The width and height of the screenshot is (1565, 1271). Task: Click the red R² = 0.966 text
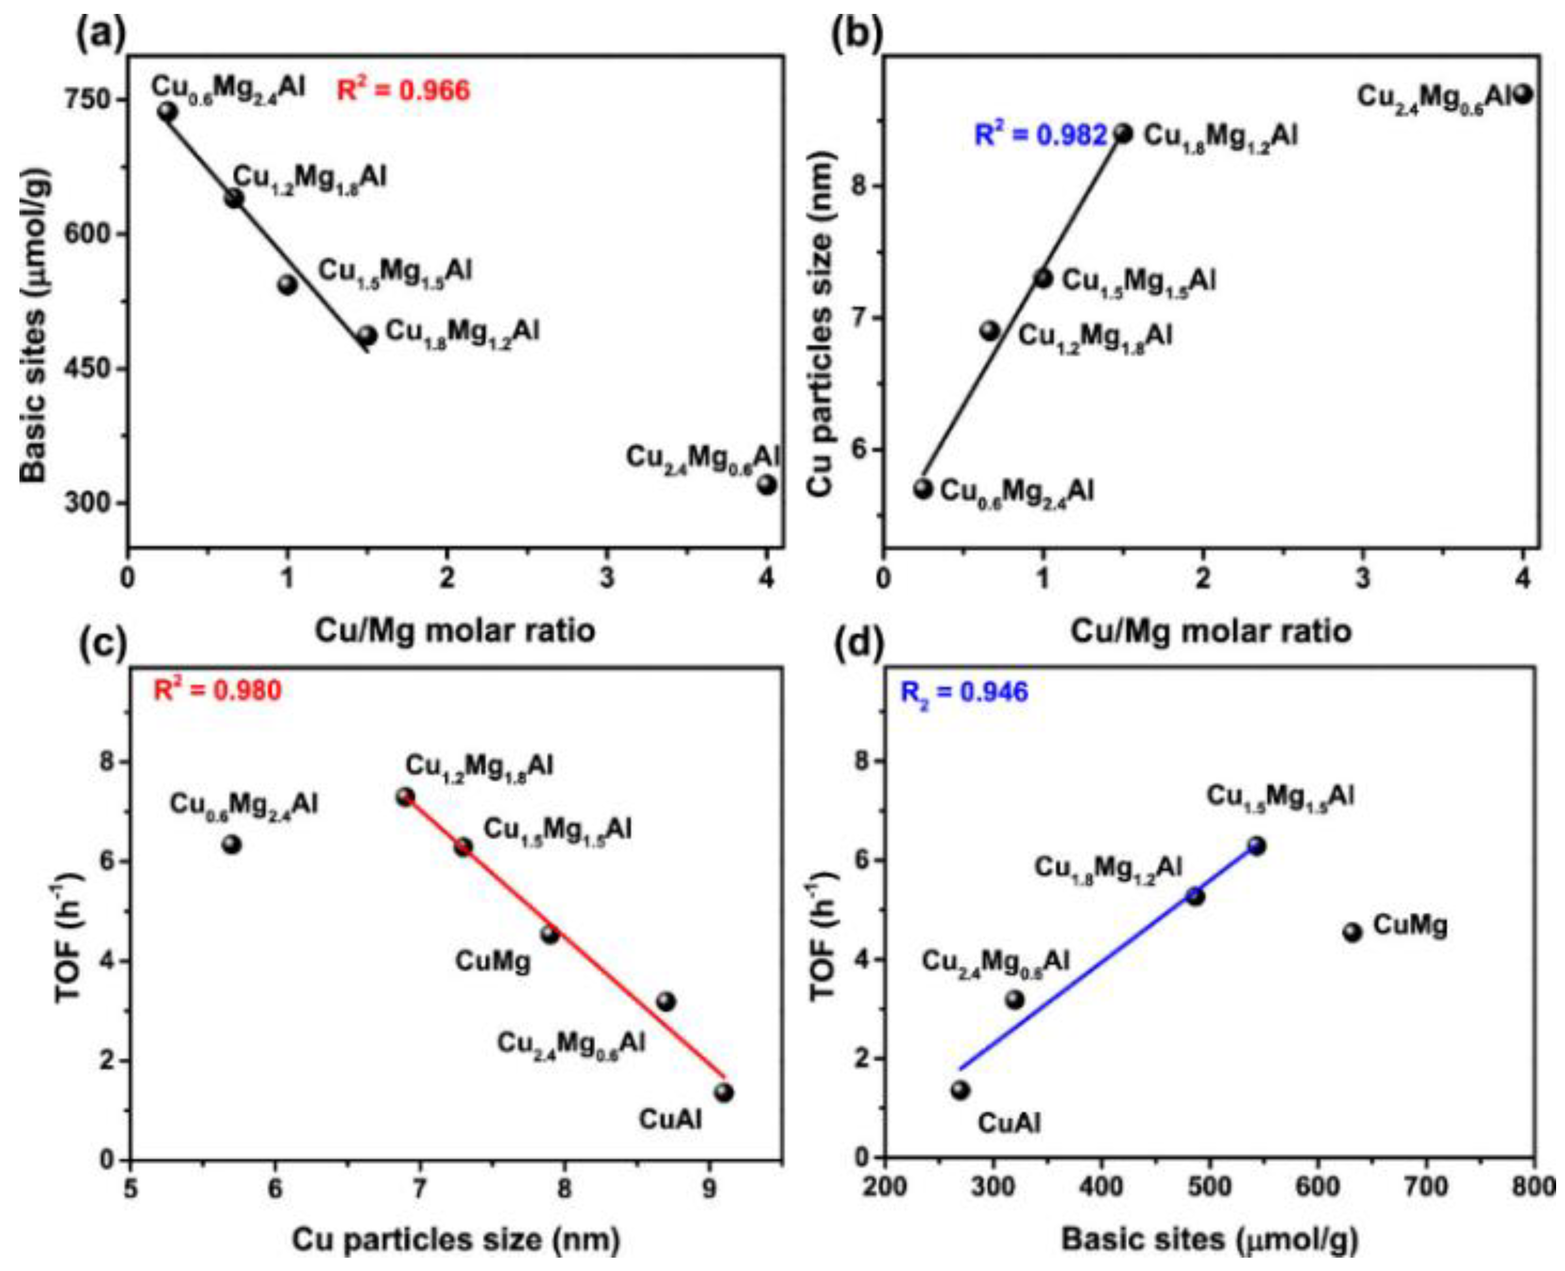click(403, 91)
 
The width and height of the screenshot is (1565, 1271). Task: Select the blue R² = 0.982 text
click(1040, 136)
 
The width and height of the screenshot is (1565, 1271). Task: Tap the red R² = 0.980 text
click(218, 690)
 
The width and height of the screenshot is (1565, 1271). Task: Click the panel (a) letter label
click(102, 34)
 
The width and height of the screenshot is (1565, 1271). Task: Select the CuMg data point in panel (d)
click(1352, 933)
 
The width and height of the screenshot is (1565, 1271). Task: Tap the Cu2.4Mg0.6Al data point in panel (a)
click(767, 484)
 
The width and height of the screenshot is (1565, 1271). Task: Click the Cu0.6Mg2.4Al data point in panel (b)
click(923, 488)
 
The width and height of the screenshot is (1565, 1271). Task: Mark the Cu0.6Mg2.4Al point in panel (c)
click(232, 844)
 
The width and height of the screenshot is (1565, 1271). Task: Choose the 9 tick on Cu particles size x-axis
click(709, 1188)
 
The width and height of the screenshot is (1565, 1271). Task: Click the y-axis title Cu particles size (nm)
click(822, 322)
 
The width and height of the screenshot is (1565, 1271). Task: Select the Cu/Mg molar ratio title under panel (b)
click(1211, 631)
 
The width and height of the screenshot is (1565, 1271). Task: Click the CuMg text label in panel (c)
click(493, 961)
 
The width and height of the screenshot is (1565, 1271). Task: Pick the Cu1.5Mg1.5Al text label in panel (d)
click(1280, 796)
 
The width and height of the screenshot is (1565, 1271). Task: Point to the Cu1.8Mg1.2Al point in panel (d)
click(1195, 896)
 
